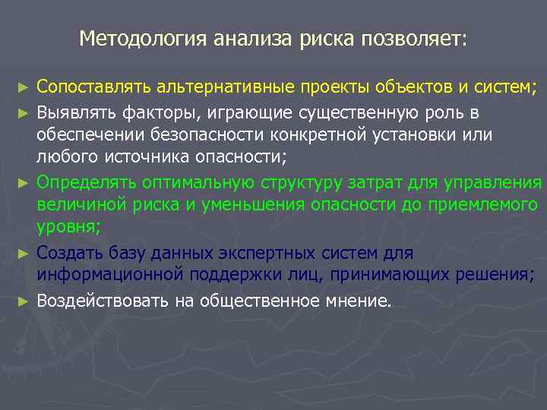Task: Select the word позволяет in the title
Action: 415,37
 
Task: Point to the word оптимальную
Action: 190,183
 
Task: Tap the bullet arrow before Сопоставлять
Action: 25,89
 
